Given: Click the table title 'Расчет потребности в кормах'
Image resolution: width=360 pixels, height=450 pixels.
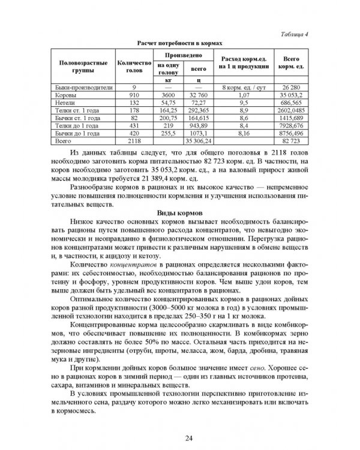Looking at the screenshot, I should (x=179, y=44).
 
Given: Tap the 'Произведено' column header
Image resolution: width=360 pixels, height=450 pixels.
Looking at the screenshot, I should (x=181, y=55).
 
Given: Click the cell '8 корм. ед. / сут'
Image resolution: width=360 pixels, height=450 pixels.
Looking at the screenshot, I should (x=244, y=87).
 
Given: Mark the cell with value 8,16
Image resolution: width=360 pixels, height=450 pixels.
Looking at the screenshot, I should (x=244, y=134).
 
